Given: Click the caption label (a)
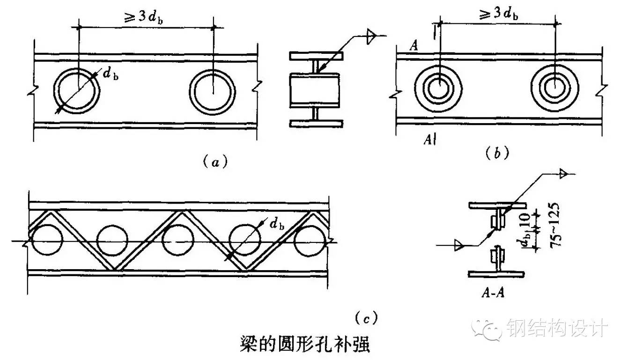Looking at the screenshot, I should pyautogui.click(x=215, y=162).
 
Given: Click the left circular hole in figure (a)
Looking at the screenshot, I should pyautogui.click(x=77, y=91).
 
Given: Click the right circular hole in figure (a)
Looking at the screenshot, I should pyautogui.click(x=213, y=91).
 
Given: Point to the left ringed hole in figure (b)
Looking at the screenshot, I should pyautogui.click(x=439, y=89).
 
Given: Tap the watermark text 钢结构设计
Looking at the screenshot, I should pyautogui.click(x=557, y=328).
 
